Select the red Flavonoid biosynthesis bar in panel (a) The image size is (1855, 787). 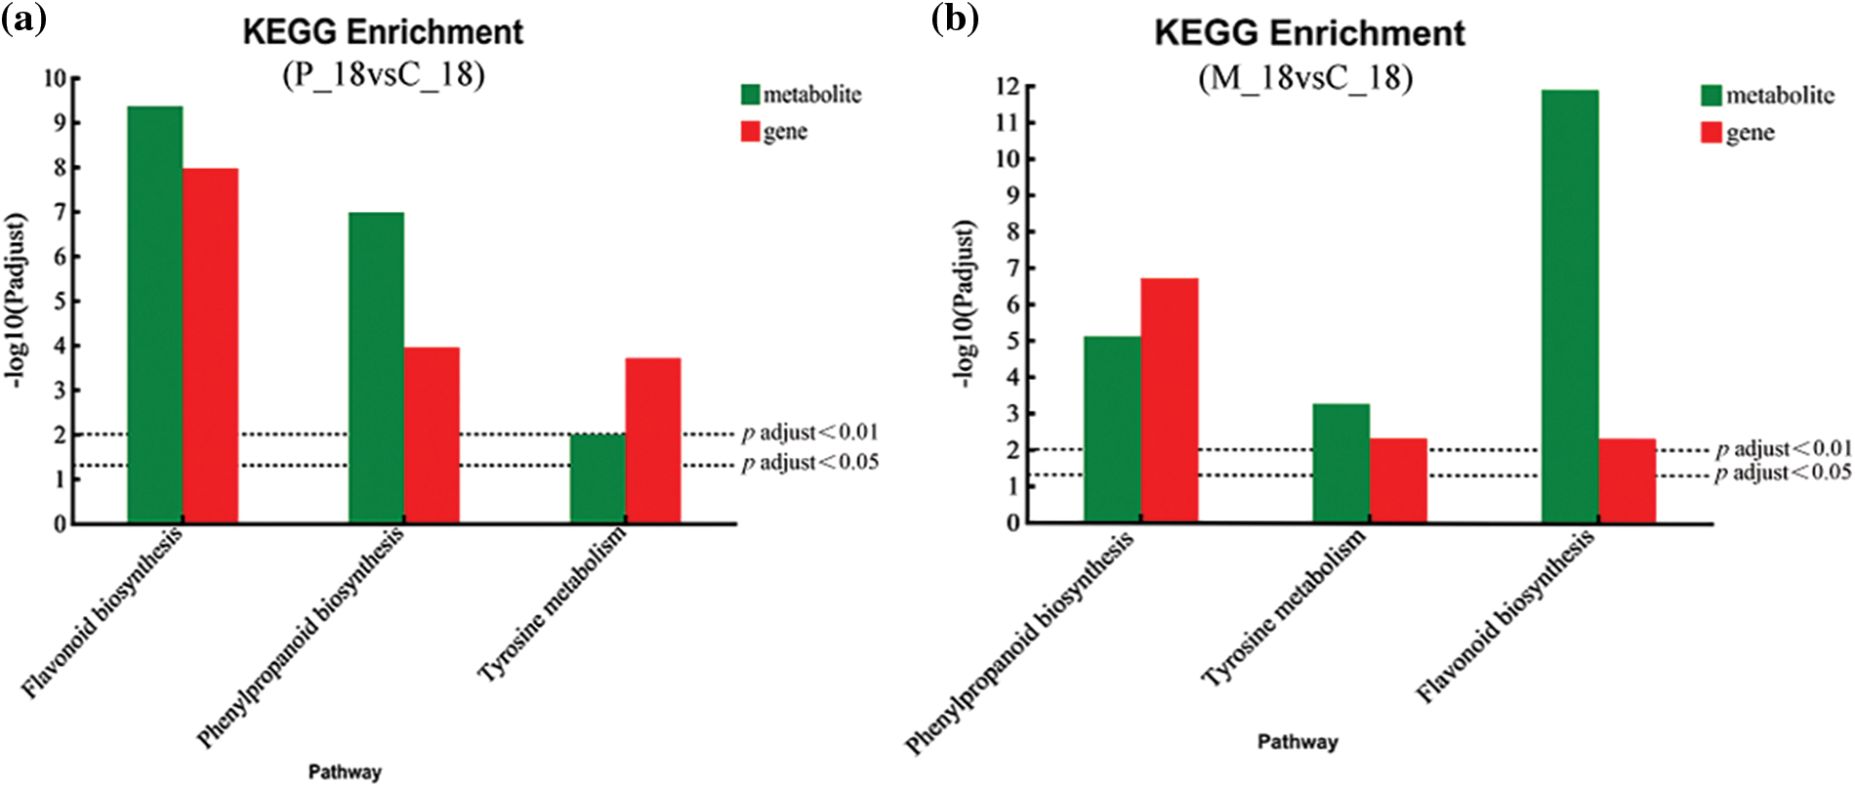(x=211, y=346)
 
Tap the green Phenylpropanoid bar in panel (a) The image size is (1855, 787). (x=376, y=367)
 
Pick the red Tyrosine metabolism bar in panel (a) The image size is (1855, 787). (x=653, y=440)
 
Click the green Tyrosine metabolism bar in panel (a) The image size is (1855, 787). (x=598, y=478)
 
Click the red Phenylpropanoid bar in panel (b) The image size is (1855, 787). (x=1170, y=400)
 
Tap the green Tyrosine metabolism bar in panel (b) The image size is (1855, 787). (x=1340, y=463)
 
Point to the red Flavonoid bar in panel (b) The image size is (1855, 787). (x=1627, y=480)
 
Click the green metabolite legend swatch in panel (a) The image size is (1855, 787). (x=750, y=95)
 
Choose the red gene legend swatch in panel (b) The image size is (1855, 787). (x=1711, y=133)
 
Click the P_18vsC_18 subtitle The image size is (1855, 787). (x=384, y=74)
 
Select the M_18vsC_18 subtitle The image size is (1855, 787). (x=1305, y=76)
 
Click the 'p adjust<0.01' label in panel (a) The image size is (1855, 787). (x=809, y=432)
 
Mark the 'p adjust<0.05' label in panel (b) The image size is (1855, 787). (x=1783, y=473)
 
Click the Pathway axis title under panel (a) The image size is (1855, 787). (x=345, y=771)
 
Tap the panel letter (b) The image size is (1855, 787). (x=954, y=19)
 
